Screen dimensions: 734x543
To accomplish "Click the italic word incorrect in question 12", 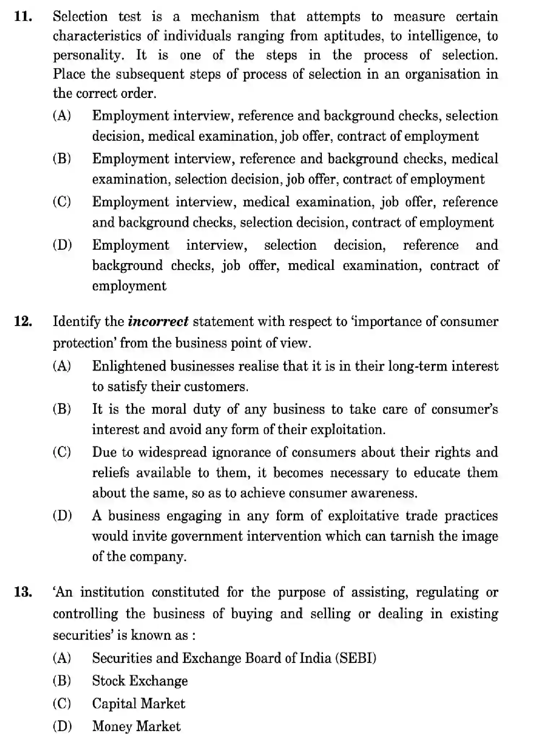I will point(158,321).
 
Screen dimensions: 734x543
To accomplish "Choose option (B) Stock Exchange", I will point(140,681).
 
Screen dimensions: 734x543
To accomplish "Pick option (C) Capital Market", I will point(138,703).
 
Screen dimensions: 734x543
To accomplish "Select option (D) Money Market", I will point(136,726).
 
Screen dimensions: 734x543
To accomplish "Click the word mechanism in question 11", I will point(224,17).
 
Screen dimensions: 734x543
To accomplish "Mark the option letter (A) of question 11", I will point(62,116).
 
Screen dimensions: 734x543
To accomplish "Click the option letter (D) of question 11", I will point(62,245).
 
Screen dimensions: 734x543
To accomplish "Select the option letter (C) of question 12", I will point(62,452).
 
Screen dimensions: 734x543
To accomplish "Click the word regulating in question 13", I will point(447,592).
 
